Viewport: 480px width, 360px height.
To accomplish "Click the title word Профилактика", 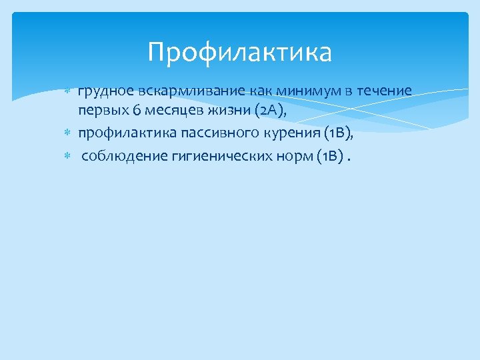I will pos(239,52).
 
